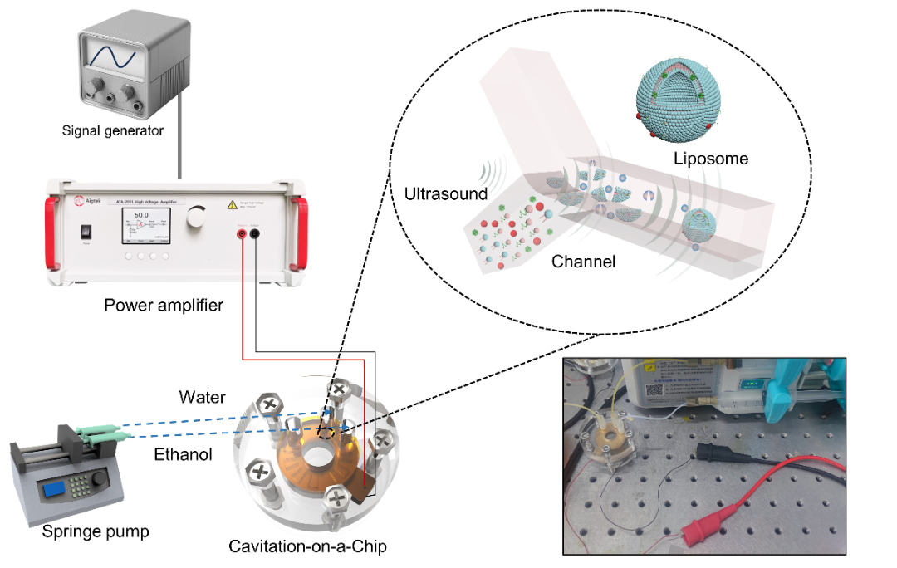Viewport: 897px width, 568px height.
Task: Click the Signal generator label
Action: click(113, 130)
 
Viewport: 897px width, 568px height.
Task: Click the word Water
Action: click(202, 398)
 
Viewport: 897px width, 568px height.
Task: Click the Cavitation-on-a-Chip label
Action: click(307, 546)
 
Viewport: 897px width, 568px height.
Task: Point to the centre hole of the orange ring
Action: click(320, 457)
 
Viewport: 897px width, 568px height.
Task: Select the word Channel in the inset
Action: click(584, 262)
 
